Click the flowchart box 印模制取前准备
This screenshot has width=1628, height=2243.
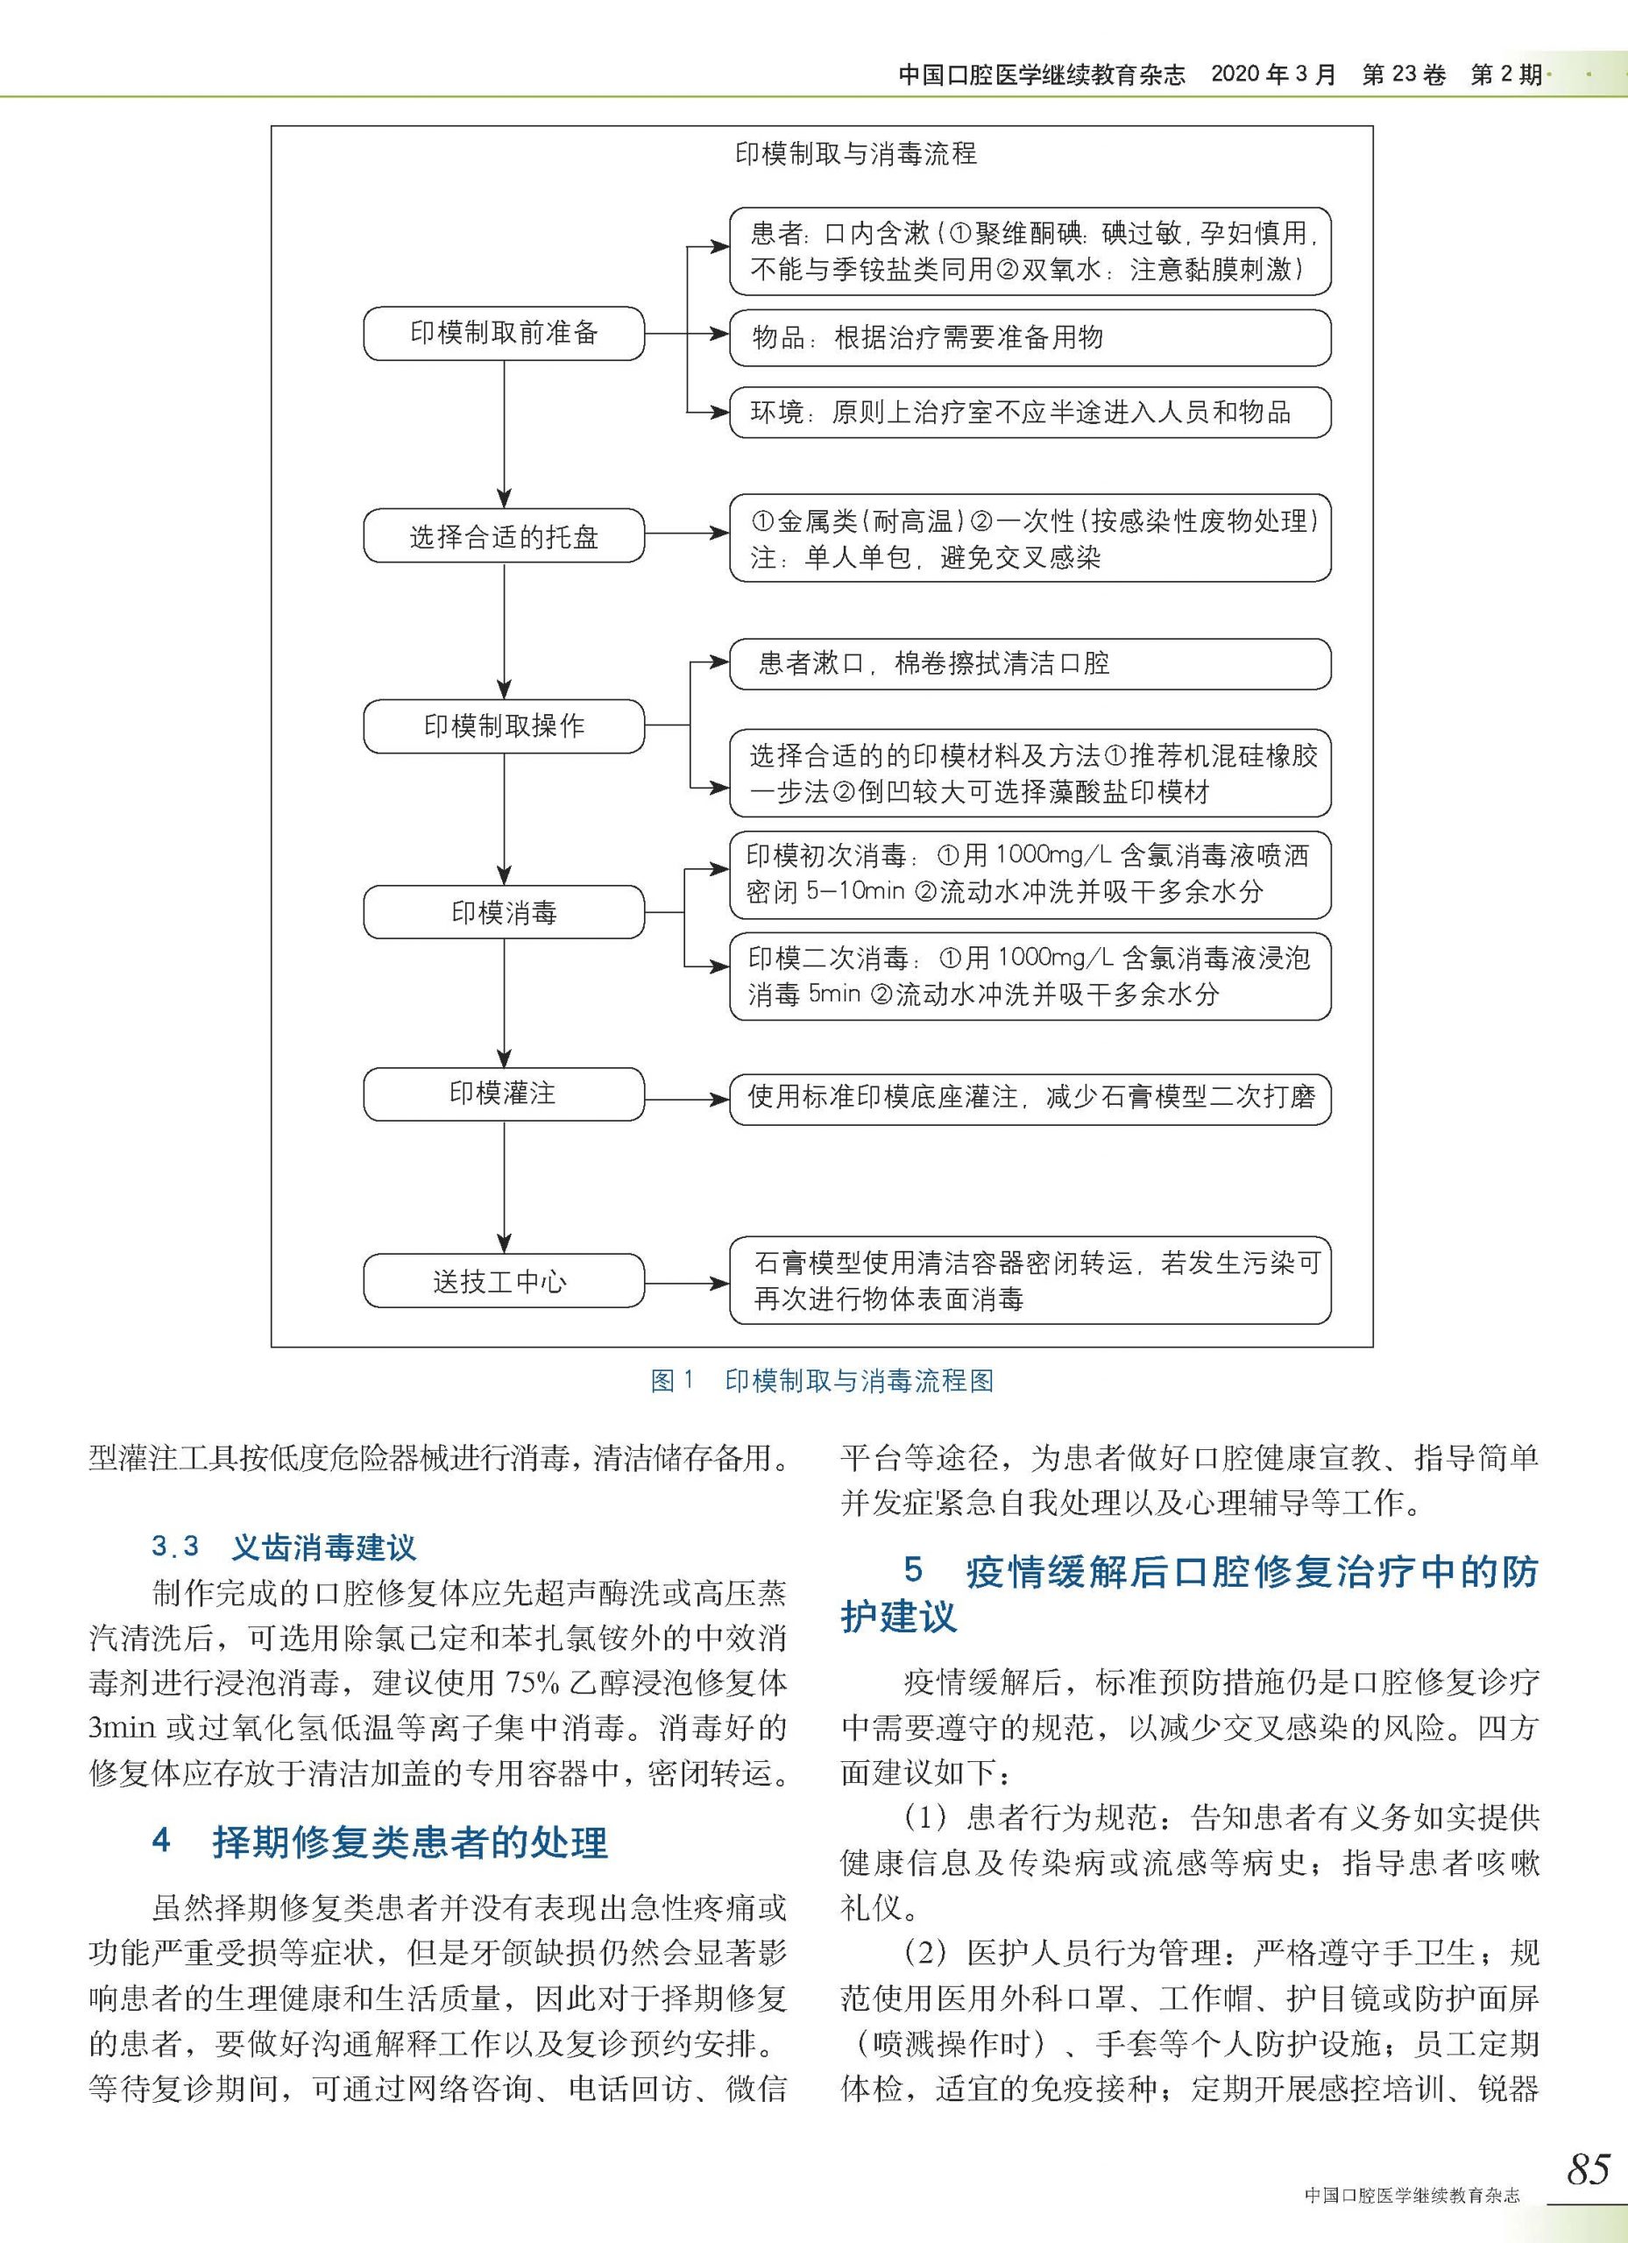point(504,333)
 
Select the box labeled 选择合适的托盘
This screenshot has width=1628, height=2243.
point(504,536)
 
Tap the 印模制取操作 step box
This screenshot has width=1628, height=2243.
point(504,726)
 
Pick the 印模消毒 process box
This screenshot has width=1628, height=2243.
point(504,912)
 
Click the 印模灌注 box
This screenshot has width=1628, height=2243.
point(504,1093)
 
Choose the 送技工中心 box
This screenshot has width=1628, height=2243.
point(504,1282)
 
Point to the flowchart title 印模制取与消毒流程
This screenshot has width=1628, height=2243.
point(855,154)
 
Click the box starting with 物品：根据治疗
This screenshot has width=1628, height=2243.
point(1030,337)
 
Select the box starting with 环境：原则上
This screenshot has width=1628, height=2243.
point(1030,413)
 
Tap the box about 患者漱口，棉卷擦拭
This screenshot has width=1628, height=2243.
point(1030,663)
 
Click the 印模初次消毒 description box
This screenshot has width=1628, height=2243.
point(1030,874)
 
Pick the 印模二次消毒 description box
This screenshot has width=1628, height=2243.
point(1030,976)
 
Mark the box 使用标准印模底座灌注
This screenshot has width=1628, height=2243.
point(1030,1098)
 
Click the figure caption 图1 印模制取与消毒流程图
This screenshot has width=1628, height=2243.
point(822,1381)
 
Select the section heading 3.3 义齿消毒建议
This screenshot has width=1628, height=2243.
point(284,1546)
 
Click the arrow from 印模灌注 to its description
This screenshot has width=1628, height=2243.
point(686,1099)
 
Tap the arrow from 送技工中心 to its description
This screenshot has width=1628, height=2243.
point(686,1284)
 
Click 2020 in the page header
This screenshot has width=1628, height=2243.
point(1235,75)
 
